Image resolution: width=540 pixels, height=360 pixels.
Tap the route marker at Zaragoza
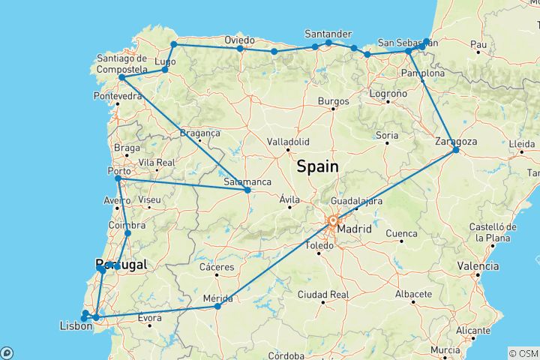click(x=456, y=151)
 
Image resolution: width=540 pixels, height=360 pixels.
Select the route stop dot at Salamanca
click(x=247, y=190)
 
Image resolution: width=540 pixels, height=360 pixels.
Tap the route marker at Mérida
click(x=217, y=307)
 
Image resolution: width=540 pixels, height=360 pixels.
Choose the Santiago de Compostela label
click(x=121, y=64)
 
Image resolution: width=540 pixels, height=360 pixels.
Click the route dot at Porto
click(x=118, y=178)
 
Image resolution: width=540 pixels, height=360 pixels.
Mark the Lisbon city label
click(x=76, y=326)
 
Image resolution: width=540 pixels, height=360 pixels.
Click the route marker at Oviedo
click(x=240, y=49)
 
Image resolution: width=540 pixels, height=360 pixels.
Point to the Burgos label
click(x=334, y=101)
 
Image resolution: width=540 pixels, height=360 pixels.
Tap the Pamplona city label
click(x=424, y=73)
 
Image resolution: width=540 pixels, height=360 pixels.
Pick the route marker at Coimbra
click(x=127, y=233)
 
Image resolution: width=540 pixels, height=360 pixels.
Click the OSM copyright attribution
click(x=523, y=352)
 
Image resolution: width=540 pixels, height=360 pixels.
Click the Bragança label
click(x=199, y=133)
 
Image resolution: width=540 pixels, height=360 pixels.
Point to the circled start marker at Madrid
click(x=333, y=220)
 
